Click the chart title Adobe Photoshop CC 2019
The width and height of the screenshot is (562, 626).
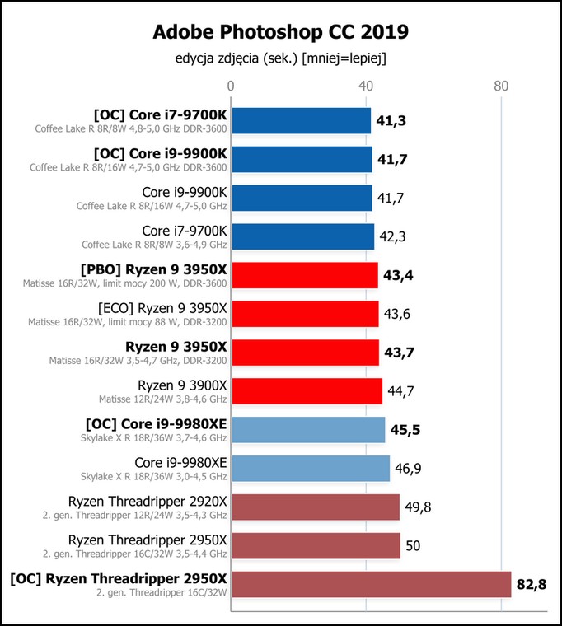coord(281,32)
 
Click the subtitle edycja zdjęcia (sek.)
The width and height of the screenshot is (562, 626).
coord(237,58)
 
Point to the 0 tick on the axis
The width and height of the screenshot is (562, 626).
coord(231,86)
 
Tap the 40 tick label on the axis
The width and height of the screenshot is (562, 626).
coord(366,86)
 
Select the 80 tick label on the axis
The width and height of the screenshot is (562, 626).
coord(501,86)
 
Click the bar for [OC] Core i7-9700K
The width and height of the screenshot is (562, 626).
coord(301,120)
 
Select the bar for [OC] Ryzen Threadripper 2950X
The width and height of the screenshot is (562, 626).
coord(372,585)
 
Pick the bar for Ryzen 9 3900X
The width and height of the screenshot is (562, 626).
coord(307,391)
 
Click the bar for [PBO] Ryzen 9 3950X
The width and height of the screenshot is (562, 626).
coord(305,275)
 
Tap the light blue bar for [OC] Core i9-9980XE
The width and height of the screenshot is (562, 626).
coord(308,430)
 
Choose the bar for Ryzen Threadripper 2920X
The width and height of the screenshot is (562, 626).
coord(316,507)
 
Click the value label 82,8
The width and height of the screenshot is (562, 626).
coord(532,585)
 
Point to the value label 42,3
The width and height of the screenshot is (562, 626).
coord(392,236)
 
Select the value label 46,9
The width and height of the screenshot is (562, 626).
coord(408,469)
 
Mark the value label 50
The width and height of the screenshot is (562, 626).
coord(413,546)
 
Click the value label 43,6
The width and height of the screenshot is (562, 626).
coord(396,314)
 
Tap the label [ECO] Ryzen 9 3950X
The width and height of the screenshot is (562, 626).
coord(162,309)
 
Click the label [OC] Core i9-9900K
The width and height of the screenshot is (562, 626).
coord(161,154)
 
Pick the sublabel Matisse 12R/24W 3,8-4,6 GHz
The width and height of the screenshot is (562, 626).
coord(162,399)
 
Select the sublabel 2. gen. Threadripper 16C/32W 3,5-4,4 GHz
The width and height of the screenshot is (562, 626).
coord(134,554)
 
